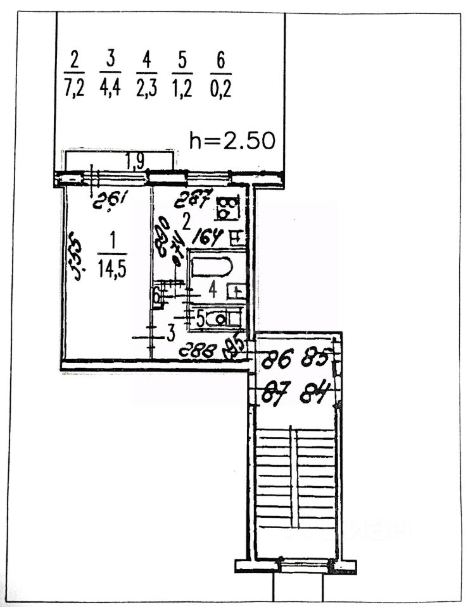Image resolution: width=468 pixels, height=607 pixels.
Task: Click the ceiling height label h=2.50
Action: click(232, 140)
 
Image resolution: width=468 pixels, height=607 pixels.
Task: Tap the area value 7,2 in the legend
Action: click(74, 87)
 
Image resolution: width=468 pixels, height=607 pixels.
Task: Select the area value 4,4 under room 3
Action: click(110, 87)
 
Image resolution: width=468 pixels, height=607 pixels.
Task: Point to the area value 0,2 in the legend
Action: click(220, 87)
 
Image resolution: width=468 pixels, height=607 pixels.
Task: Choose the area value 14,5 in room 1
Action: click(111, 269)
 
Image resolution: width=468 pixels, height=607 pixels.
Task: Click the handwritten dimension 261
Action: click(107, 201)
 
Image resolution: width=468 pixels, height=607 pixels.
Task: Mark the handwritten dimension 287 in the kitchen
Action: click(194, 200)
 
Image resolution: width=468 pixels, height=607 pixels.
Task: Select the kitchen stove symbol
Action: click(227, 205)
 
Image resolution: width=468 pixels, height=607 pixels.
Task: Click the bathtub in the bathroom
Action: click(213, 266)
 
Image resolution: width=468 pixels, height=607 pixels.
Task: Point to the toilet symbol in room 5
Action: click(221, 319)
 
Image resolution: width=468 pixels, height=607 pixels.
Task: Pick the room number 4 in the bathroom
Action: click(213, 290)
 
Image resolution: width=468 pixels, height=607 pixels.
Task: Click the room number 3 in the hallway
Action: click(170, 333)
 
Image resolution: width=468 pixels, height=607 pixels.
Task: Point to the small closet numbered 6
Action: click(156, 294)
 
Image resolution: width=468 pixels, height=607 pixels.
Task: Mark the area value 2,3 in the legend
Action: click(147, 87)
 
